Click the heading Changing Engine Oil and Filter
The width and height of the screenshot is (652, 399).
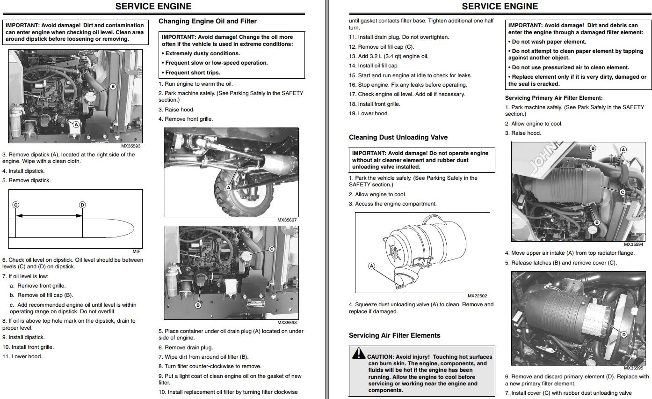click(207, 21)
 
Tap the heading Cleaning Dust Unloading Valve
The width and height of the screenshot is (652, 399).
click(398, 137)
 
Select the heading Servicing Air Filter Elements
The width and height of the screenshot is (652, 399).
click(394, 335)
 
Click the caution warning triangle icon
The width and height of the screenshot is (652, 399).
click(359, 353)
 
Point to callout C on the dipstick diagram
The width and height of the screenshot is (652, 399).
click(15, 205)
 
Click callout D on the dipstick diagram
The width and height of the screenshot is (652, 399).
click(82, 205)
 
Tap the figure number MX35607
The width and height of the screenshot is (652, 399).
click(287, 220)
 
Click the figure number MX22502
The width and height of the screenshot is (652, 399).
click(477, 296)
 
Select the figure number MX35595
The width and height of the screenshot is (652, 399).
click(633, 368)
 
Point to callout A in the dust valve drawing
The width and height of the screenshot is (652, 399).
click(372, 266)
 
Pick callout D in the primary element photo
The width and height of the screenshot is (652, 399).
click(623, 334)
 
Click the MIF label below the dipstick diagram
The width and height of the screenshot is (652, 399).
click(136, 251)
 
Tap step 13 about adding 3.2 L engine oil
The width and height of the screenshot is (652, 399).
click(388, 56)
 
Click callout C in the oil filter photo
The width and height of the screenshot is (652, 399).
click(271, 249)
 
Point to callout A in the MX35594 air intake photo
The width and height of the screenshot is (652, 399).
click(623, 150)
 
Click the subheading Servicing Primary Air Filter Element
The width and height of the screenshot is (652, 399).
click(553, 98)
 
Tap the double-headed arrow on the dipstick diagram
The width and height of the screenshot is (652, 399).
click(49, 216)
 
